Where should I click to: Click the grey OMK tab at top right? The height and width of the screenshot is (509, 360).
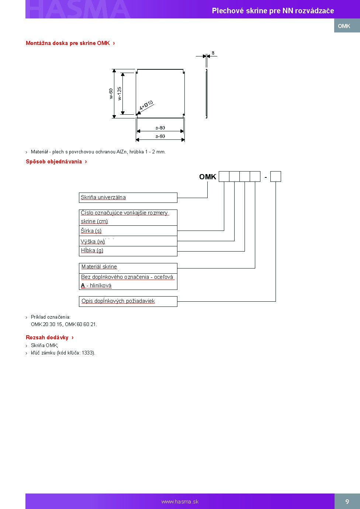[x=347, y=25]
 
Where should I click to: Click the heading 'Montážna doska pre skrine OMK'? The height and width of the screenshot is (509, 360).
[x=68, y=43]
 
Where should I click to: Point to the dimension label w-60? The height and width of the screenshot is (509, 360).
[x=111, y=94]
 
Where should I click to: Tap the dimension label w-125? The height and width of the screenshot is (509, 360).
[x=120, y=94]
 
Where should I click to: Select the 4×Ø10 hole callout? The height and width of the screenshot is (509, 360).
[x=146, y=105]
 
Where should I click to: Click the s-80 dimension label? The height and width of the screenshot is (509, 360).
[x=160, y=128]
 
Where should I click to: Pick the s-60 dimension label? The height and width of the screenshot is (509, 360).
[x=160, y=136]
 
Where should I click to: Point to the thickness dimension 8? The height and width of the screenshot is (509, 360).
[x=213, y=53]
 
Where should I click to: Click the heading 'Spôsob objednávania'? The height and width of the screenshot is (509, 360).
[x=54, y=162]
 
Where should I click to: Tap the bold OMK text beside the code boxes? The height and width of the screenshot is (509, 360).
[x=208, y=177]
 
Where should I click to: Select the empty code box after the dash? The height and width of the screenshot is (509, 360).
[x=276, y=177]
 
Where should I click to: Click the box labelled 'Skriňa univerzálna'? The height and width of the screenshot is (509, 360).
[x=128, y=198]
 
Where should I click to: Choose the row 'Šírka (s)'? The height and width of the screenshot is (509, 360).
[x=128, y=231]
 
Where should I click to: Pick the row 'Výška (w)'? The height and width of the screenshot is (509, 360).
[x=128, y=241]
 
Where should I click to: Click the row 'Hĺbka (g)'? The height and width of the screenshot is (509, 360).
[x=128, y=251]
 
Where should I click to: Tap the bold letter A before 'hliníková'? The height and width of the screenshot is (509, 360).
[x=83, y=285]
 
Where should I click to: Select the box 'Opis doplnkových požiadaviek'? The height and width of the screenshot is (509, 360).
[x=128, y=302]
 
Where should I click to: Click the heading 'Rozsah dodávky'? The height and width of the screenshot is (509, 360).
[x=47, y=337]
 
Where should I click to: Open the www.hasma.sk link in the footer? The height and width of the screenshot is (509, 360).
[x=180, y=502]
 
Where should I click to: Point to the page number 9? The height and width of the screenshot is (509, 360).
[x=347, y=502]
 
